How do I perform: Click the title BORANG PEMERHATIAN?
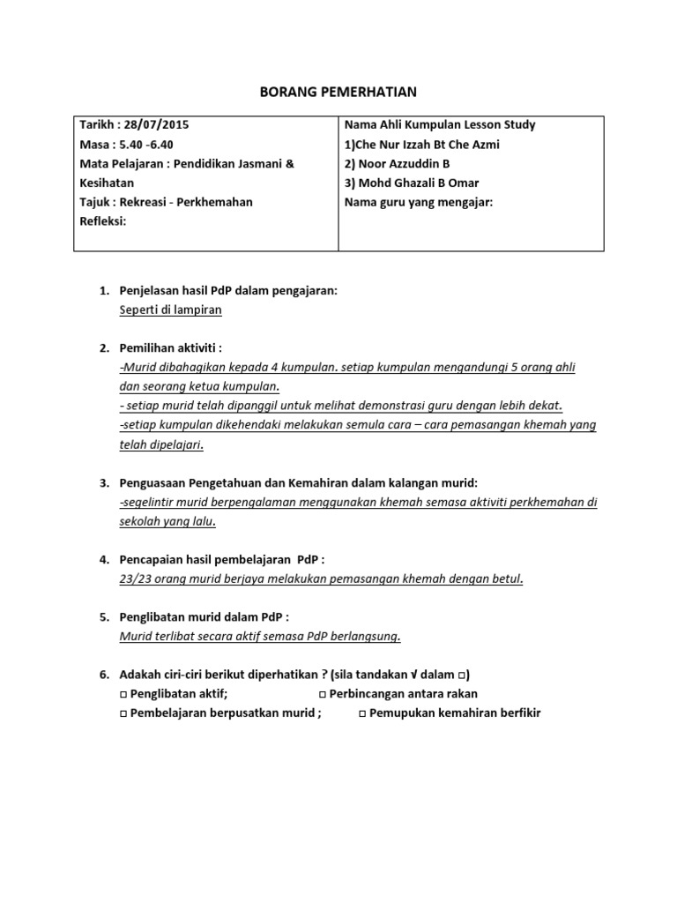pyautogui.click(x=339, y=91)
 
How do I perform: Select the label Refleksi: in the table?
pyautogui.click(x=103, y=220)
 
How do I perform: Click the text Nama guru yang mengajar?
pyautogui.click(x=418, y=202)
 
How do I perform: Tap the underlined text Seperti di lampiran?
pyautogui.click(x=170, y=310)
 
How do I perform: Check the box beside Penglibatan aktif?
pyautogui.click(x=123, y=694)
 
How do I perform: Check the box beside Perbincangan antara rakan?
pyautogui.click(x=321, y=694)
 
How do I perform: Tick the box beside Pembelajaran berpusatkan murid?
pyautogui.click(x=123, y=713)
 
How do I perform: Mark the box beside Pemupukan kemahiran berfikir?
pyautogui.click(x=362, y=713)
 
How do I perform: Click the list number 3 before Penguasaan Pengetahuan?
pyautogui.click(x=102, y=483)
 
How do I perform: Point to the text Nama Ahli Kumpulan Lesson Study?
pyautogui.click(x=440, y=124)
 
